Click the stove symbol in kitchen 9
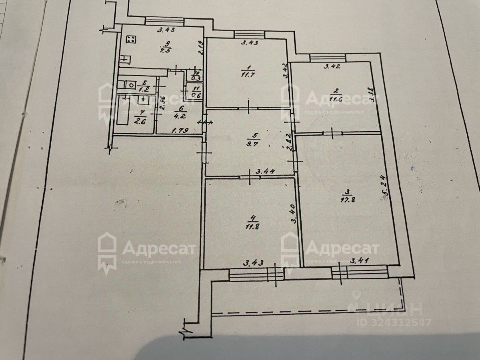click(x=131, y=40)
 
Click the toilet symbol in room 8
click(x=130, y=84)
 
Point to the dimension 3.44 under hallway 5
click(x=264, y=172)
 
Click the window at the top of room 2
click(x=328, y=58)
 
